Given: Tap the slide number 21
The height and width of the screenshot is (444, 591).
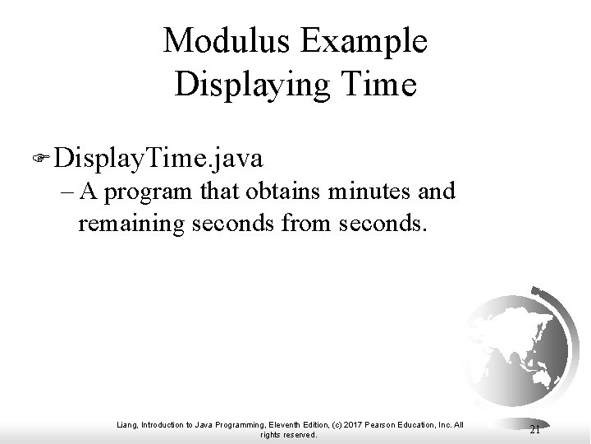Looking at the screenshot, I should click(x=534, y=429).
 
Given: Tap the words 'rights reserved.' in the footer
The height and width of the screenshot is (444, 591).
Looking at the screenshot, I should click(x=287, y=435).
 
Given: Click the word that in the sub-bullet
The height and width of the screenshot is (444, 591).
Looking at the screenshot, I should click(x=217, y=192).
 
